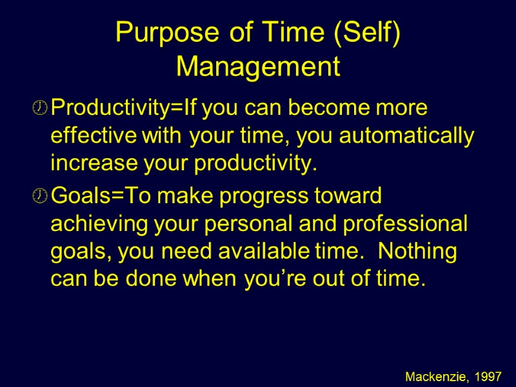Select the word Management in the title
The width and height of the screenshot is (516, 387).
[x=258, y=66]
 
